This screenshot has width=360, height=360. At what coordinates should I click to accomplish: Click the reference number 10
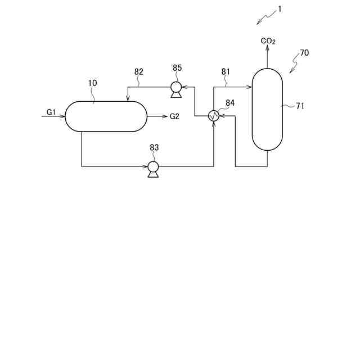93,83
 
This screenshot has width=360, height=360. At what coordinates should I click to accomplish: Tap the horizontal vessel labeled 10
106,116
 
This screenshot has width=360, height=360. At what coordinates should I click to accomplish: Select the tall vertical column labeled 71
267,109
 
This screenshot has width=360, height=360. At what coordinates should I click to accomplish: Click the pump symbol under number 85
176,87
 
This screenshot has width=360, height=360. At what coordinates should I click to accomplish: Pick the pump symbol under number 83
152,167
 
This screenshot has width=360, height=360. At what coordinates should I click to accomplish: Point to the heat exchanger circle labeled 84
214,116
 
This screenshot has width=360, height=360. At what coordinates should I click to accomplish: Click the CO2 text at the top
268,41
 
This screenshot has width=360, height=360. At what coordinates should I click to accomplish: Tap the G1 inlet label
51,112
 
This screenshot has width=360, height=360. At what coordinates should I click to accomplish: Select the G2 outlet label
174,116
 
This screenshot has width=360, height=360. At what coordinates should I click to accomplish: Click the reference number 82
139,71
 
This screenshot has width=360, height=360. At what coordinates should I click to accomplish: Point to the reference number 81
226,71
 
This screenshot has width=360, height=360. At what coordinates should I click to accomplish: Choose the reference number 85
177,68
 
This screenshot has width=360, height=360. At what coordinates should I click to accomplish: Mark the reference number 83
154,147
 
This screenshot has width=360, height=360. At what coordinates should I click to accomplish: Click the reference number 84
230,102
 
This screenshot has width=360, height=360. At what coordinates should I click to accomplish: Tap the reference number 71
300,106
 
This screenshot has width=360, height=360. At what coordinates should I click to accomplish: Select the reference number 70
304,53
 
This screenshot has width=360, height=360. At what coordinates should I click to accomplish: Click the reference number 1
280,9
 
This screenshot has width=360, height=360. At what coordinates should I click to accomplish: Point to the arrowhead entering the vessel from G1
63,116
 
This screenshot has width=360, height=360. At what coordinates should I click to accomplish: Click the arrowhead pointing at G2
161,116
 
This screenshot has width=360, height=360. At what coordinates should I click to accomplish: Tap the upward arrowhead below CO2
267,49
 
